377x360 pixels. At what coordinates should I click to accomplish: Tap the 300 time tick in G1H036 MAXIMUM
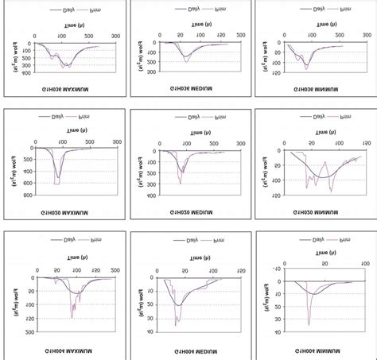point(115,37)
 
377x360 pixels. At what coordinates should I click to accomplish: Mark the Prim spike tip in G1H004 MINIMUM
point(309,325)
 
